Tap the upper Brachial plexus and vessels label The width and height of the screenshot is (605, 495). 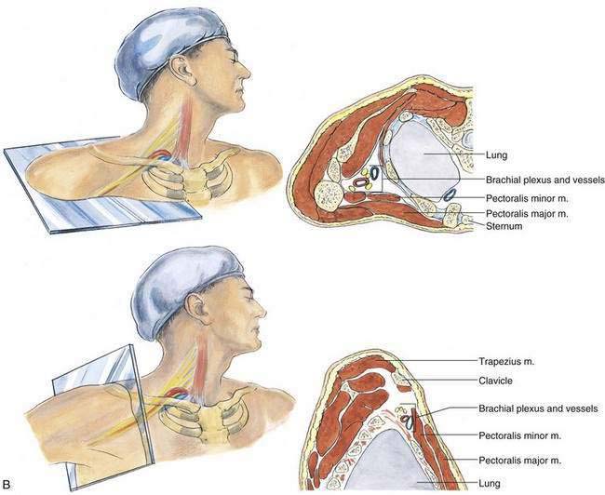tap(545, 178)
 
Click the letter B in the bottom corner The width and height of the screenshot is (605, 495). tap(8, 485)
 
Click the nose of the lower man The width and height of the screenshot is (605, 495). tap(269, 309)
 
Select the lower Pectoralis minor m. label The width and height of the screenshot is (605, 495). tap(528, 435)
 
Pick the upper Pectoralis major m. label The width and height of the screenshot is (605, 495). tap(528, 213)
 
